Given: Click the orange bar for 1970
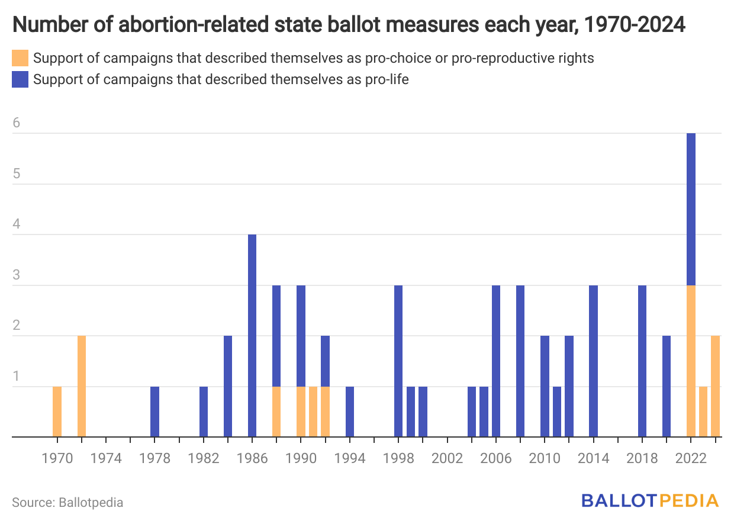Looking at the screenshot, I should tap(57, 412).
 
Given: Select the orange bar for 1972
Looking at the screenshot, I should tap(82, 386).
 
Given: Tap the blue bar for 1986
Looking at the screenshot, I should tap(252, 336).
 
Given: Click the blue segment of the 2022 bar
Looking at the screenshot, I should tap(691, 210).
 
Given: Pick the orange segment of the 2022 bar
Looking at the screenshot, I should tap(691, 361).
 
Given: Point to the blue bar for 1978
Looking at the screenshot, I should tap(154, 412).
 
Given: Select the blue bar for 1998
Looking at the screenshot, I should tap(398, 361).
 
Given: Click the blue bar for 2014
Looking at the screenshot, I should tap(593, 361).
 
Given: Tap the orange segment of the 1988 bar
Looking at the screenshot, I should tap(276, 412).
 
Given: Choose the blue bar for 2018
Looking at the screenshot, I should tap(642, 361).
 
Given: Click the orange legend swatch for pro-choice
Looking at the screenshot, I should tap(20, 59).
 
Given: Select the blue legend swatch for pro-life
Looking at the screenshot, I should tap(20, 79).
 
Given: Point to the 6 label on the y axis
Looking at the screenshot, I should tap(17, 123).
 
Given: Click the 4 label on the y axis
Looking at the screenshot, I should tap(17, 224).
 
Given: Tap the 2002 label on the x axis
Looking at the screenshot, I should tap(447, 459).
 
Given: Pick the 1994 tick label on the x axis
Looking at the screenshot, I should tap(350, 459).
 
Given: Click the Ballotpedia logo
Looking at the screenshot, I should tap(650, 500).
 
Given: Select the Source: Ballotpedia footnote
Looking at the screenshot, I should tap(67, 503).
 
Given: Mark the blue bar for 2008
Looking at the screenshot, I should tap(520, 361).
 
